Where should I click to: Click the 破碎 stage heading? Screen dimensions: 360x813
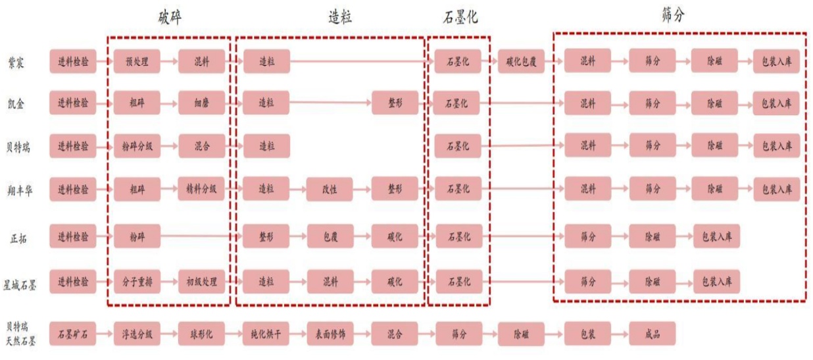(x=170, y=18)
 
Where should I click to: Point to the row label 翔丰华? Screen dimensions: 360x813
(x=19, y=190)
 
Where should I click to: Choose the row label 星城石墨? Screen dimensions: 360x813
(x=19, y=282)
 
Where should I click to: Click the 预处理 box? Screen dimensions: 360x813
(x=137, y=63)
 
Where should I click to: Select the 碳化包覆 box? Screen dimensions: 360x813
(x=521, y=63)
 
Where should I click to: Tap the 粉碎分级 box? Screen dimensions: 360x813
(x=137, y=145)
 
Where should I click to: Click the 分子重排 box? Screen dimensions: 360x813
(x=137, y=282)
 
